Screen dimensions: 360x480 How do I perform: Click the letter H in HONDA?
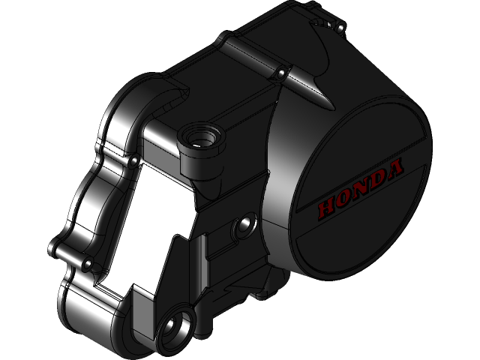click(327, 204)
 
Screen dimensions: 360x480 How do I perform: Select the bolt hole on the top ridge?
click(280, 73)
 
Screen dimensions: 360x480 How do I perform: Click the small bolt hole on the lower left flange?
click(89, 265)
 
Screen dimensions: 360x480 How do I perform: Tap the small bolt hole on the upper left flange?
click(132, 159)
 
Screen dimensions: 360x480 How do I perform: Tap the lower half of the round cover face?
click(360, 240)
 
